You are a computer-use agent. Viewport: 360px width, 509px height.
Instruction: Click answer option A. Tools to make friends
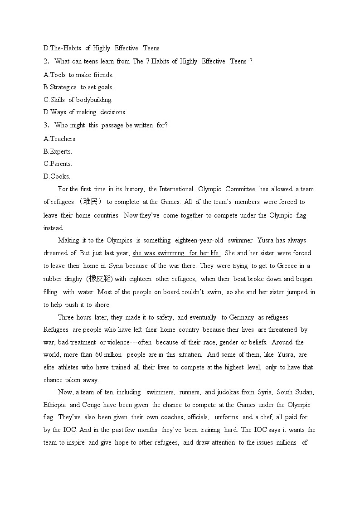(x=78, y=75)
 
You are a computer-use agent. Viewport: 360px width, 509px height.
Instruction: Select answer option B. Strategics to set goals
(x=78, y=87)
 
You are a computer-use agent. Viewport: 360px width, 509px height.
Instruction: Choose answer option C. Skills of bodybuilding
(x=78, y=100)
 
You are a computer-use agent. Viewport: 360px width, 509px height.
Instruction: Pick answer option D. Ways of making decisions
(x=85, y=112)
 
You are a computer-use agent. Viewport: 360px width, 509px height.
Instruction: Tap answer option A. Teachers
(x=60, y=139)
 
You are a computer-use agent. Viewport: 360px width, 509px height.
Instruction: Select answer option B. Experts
(x=58, y=151)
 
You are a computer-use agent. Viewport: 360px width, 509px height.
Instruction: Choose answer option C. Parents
(x=58, y=164)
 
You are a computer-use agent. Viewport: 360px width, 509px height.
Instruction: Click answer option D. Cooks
(x=57, y=176)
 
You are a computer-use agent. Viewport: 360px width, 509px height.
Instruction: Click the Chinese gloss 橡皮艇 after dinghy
(x=100, y=279)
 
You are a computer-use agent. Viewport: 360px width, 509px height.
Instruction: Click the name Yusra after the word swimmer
(x=266, y=240)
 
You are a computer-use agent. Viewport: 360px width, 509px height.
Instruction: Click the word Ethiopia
(x=55, y=405)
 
